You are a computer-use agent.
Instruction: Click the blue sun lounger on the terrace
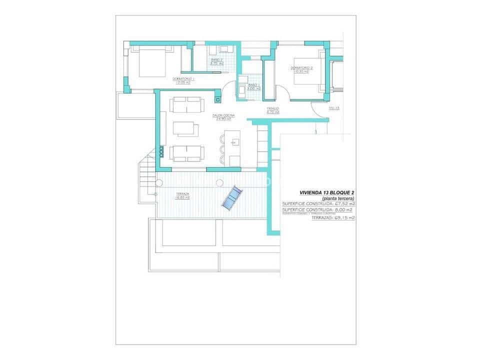click(231, 198)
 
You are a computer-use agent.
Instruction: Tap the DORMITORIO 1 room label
click(183, 80)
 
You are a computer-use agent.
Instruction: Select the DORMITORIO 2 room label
click(301, 69)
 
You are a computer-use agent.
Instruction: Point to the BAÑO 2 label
click(216, 62)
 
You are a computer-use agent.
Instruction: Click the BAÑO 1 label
click(254, 86)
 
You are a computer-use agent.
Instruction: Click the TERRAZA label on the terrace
click(182, 195)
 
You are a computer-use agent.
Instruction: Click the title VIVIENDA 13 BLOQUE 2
click(326, 192)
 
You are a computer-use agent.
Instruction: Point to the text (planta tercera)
click(337, 197)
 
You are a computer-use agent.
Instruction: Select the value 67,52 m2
click(345, 204)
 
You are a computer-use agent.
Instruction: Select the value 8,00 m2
click(345, 210)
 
